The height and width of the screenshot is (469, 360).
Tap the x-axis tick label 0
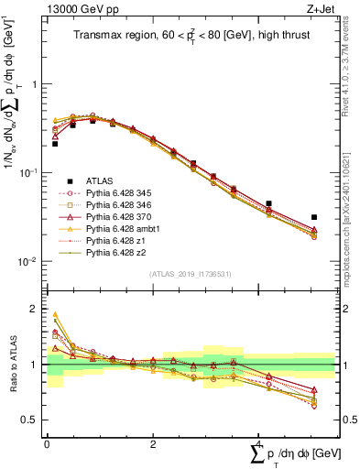tap(47, 443)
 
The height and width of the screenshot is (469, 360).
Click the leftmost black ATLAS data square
tap(55, 144)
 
